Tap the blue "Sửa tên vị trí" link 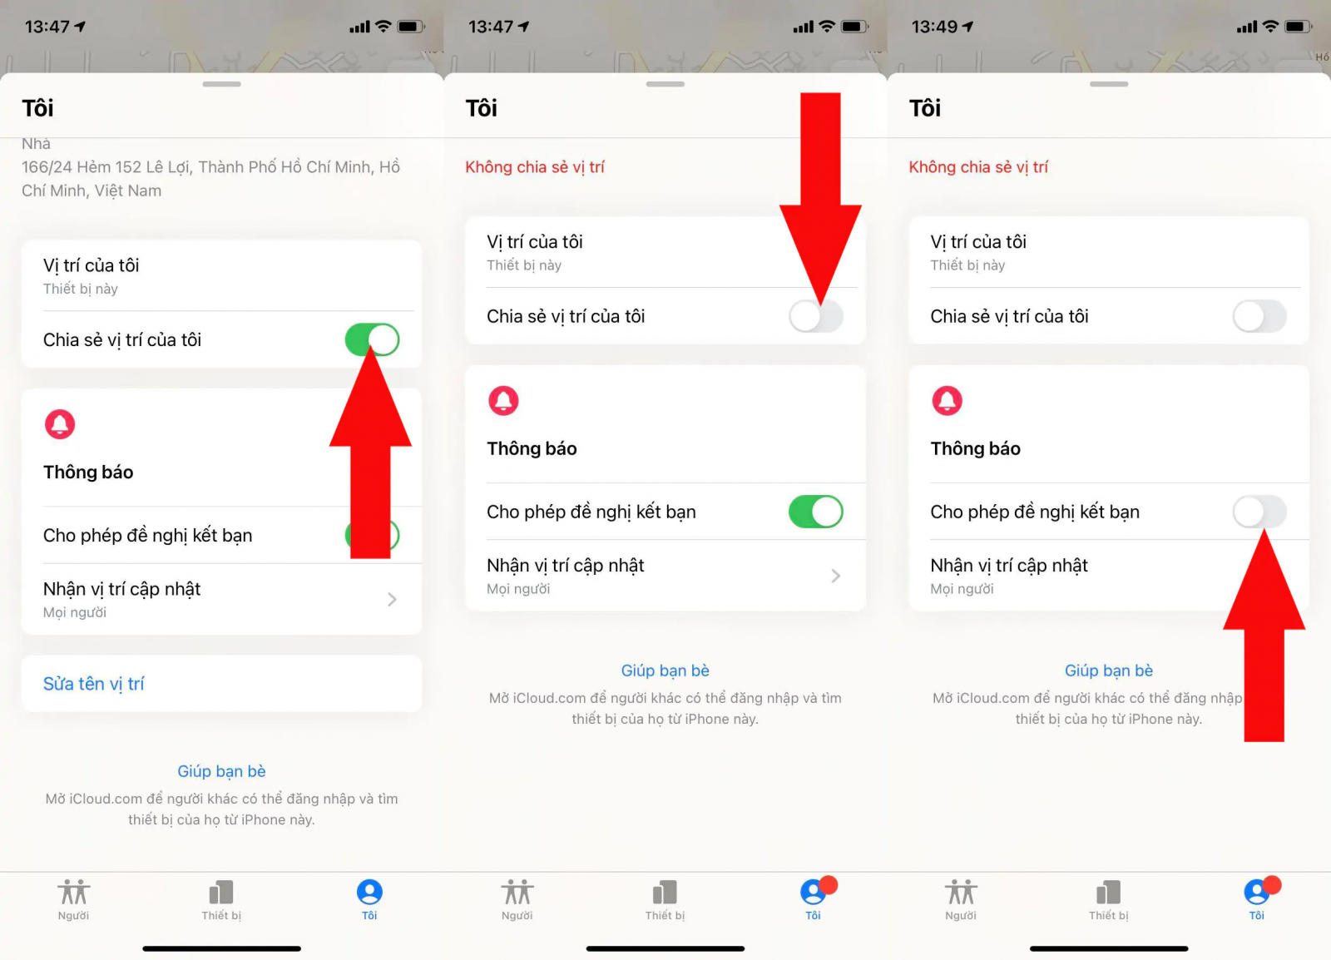93,684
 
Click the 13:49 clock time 934,27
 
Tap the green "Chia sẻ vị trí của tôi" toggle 372,339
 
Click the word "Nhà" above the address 37,144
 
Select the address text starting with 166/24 211,179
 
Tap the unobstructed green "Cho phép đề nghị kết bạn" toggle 816,512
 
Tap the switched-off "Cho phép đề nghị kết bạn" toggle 1259,512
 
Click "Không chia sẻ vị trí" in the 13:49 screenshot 978,167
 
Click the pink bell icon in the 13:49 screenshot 948,400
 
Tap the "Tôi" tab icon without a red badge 369,892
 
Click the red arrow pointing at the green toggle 370,452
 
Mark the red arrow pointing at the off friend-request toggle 1264,636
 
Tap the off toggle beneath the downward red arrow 816,316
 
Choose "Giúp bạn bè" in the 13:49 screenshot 1109,671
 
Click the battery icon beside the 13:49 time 1299,27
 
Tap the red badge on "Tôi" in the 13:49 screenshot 1272,884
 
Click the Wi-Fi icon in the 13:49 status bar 1270,26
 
